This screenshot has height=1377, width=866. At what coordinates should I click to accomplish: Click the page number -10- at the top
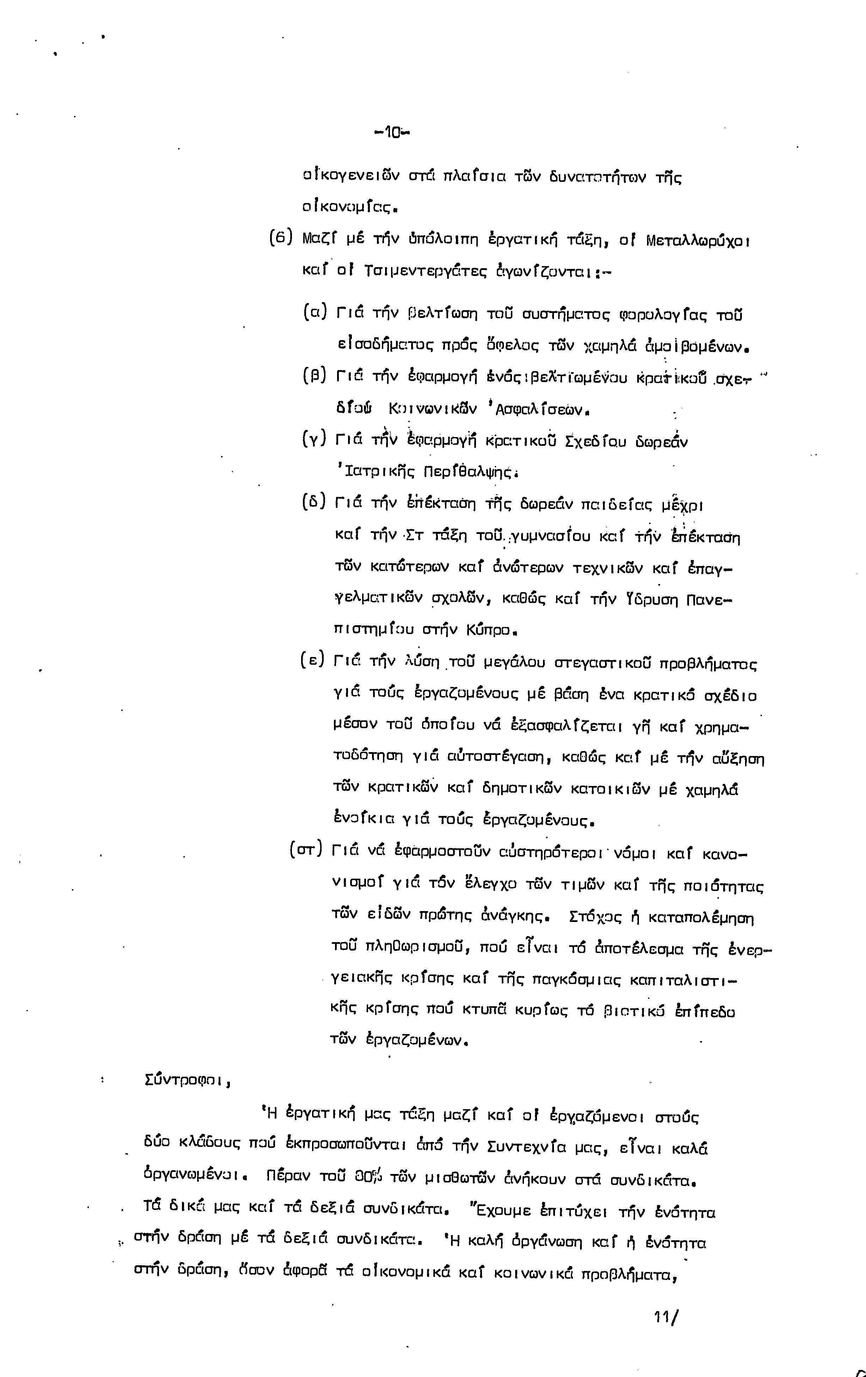point(392,133)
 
